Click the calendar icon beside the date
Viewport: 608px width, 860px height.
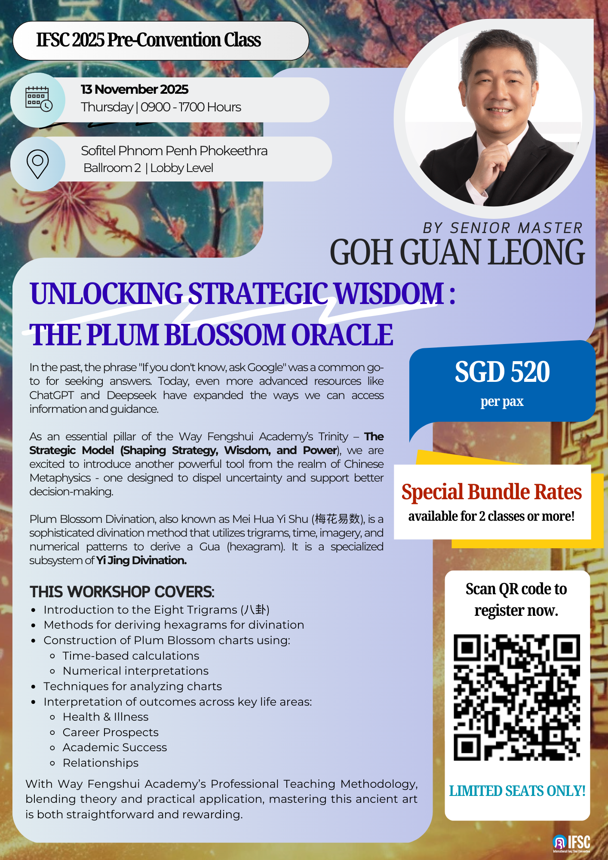pos(39,99)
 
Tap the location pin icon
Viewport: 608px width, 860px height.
pos(37,164)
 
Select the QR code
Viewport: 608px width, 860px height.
pos(517,697)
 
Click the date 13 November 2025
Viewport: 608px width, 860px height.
pos(135,89)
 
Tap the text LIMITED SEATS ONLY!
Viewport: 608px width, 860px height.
pos(517,791)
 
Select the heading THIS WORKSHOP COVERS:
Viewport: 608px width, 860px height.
pos(122,592)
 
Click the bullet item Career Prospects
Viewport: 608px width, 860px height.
pos(111,732)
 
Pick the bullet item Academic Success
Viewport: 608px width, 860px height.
pos(115,747)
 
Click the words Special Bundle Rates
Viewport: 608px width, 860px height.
pos(491,492)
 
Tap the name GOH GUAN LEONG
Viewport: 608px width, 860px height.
pos(457,252)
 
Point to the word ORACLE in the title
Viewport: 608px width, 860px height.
pos(342,335)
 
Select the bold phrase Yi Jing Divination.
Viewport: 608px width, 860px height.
pos(141,560)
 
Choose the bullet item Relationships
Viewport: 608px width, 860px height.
pos(101,763)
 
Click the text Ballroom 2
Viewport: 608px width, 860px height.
pos(112,168)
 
